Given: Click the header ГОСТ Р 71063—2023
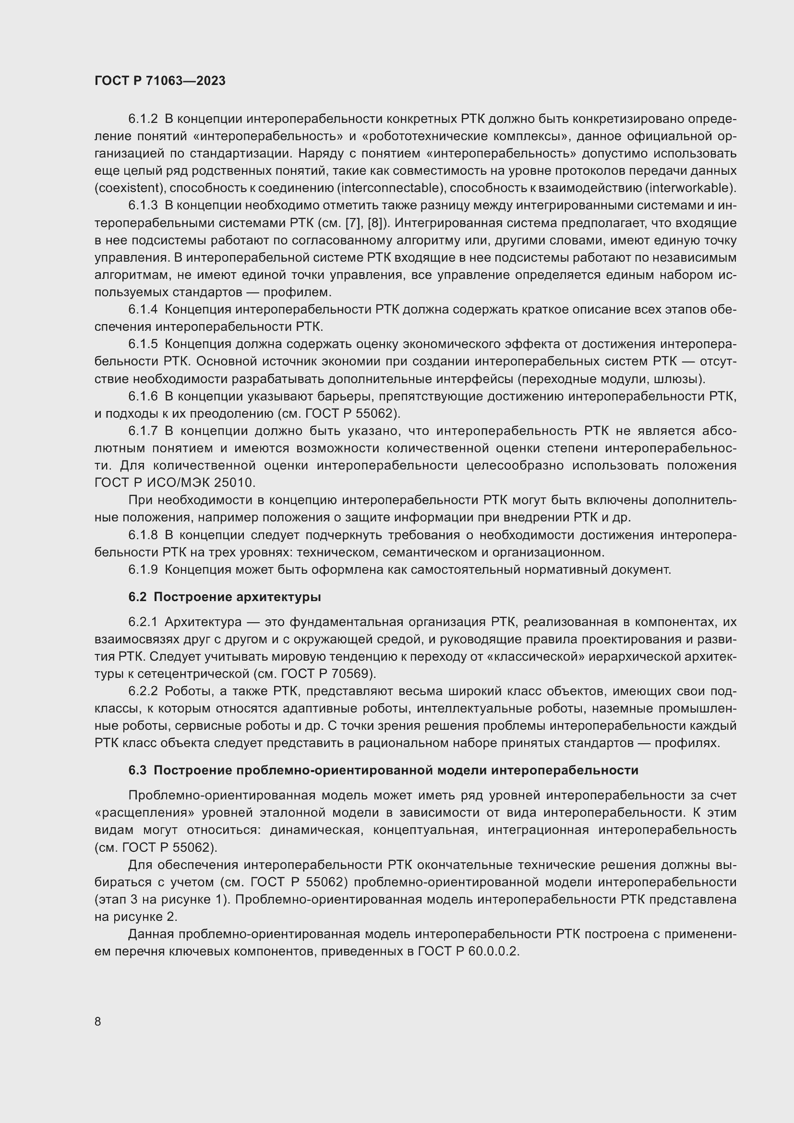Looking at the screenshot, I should click(160, 81).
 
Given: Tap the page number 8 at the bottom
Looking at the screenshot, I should click(98, 1021).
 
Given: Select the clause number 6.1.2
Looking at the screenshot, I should click(143, 119).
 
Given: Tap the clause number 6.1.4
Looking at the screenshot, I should click(143, 310).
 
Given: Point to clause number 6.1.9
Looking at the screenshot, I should click(143, 570).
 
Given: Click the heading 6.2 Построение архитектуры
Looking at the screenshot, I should click(224, 597).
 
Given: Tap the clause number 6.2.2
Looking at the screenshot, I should click(143, 691).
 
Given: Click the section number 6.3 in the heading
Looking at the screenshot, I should click(137, 770).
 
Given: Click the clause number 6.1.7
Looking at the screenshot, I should click(143, 431).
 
